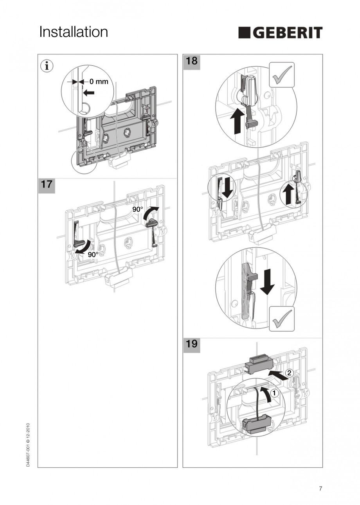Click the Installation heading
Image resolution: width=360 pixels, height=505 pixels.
pyautogui.click(x=74, y=32)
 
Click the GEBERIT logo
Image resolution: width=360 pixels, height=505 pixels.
pyautogui.click(x=280, y=33)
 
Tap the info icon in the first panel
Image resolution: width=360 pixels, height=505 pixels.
pyautogui.click(x=47, y=66)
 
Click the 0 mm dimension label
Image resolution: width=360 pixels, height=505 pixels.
pyautogui.click(x=99, y=82)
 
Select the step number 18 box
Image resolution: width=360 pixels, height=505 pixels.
pyautogui.click(x=191, y=61)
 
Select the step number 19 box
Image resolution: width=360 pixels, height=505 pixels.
pyautogui.click(x=191, y=344)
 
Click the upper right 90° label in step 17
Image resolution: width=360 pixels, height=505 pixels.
pyautogui.click(x=137, y=209)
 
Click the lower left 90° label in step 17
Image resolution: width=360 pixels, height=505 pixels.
pyautogui.click(x=93, y=254)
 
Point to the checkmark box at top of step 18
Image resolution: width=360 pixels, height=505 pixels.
pyautogui.click(x=282, y=74)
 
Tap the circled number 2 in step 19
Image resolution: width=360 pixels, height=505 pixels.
pyautogui.click(x=289, y=373)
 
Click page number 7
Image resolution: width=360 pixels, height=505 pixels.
pyautogui.click(x=320, y=489)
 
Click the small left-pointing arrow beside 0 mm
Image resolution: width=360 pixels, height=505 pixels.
pyautogui.click(x=90, y=93)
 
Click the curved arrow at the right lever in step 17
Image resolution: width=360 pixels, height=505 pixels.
pyautogui.click(x=150, y=213)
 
